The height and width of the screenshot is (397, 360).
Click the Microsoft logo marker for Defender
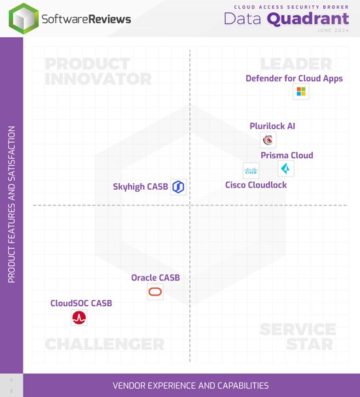301,92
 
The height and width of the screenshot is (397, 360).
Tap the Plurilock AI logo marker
268,140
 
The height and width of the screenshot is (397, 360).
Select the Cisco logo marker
251,171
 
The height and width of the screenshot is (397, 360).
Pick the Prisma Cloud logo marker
286,168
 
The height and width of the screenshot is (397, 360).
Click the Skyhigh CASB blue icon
178,187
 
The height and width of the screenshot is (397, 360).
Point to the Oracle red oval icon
155,292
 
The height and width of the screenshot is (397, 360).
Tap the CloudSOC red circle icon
79,317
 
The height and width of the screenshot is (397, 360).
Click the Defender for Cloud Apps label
294,78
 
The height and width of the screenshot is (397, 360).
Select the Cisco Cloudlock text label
256,185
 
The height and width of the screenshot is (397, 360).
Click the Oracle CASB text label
156,278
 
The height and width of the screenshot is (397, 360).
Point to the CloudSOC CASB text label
81,303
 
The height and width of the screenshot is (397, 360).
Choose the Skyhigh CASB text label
140,187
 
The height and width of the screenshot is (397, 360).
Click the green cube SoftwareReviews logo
24,18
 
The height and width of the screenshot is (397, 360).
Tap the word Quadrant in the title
308,19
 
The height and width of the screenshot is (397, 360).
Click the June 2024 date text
333,30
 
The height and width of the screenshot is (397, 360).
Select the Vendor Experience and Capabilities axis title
190,385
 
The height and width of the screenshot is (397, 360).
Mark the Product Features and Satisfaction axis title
12,204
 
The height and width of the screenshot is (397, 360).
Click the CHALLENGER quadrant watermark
104,344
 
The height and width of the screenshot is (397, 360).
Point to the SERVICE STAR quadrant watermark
298,336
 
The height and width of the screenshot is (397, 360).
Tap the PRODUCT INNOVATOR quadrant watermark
98,71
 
